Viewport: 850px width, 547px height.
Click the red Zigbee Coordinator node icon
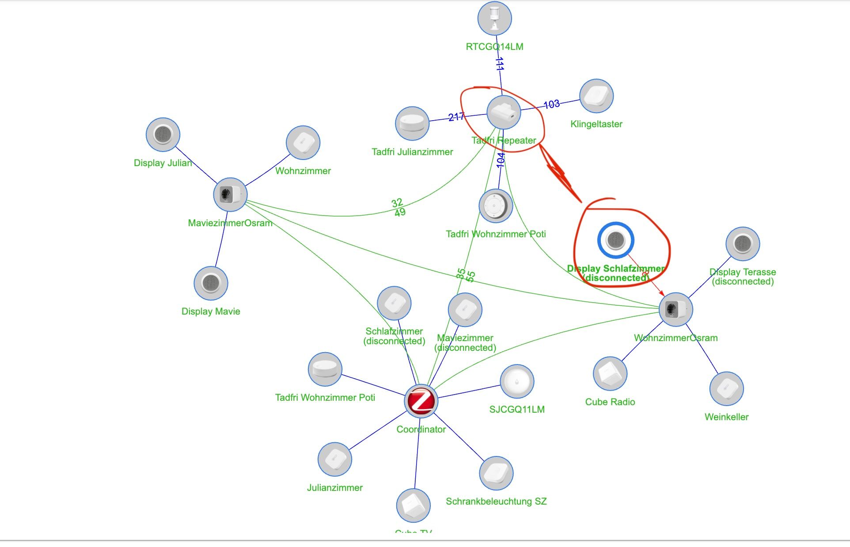[x=421, y=401]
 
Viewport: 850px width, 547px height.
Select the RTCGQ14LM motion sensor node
[x=495, y=19]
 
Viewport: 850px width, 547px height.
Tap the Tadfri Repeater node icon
[x=504, y=112]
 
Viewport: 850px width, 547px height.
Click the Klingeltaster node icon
[x=596, y=96]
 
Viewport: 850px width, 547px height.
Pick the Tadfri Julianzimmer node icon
[x=412, y=123]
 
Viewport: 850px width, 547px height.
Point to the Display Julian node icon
[x=163, y=134]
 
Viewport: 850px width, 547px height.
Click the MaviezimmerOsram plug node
[x=230, y=194]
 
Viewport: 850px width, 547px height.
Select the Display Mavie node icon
[x=211, y=283]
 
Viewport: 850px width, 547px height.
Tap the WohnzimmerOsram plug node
[x=676, y=309]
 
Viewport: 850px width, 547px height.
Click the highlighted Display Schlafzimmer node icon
[x=616, y=240]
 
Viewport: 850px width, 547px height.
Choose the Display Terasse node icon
[x=743, y=244]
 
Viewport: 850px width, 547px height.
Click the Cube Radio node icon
[x=610, y=374]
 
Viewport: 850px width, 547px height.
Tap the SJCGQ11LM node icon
[x=517, y=381]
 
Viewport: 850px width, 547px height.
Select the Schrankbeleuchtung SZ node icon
[x=496, y=473]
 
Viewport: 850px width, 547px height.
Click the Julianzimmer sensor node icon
[x=335, y=460]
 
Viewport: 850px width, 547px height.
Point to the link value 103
[x=551, y=104]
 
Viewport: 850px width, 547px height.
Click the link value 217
[x=456, y=117]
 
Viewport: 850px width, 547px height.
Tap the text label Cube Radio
[x=610, y=402]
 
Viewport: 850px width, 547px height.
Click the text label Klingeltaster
[x=596, y=124]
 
